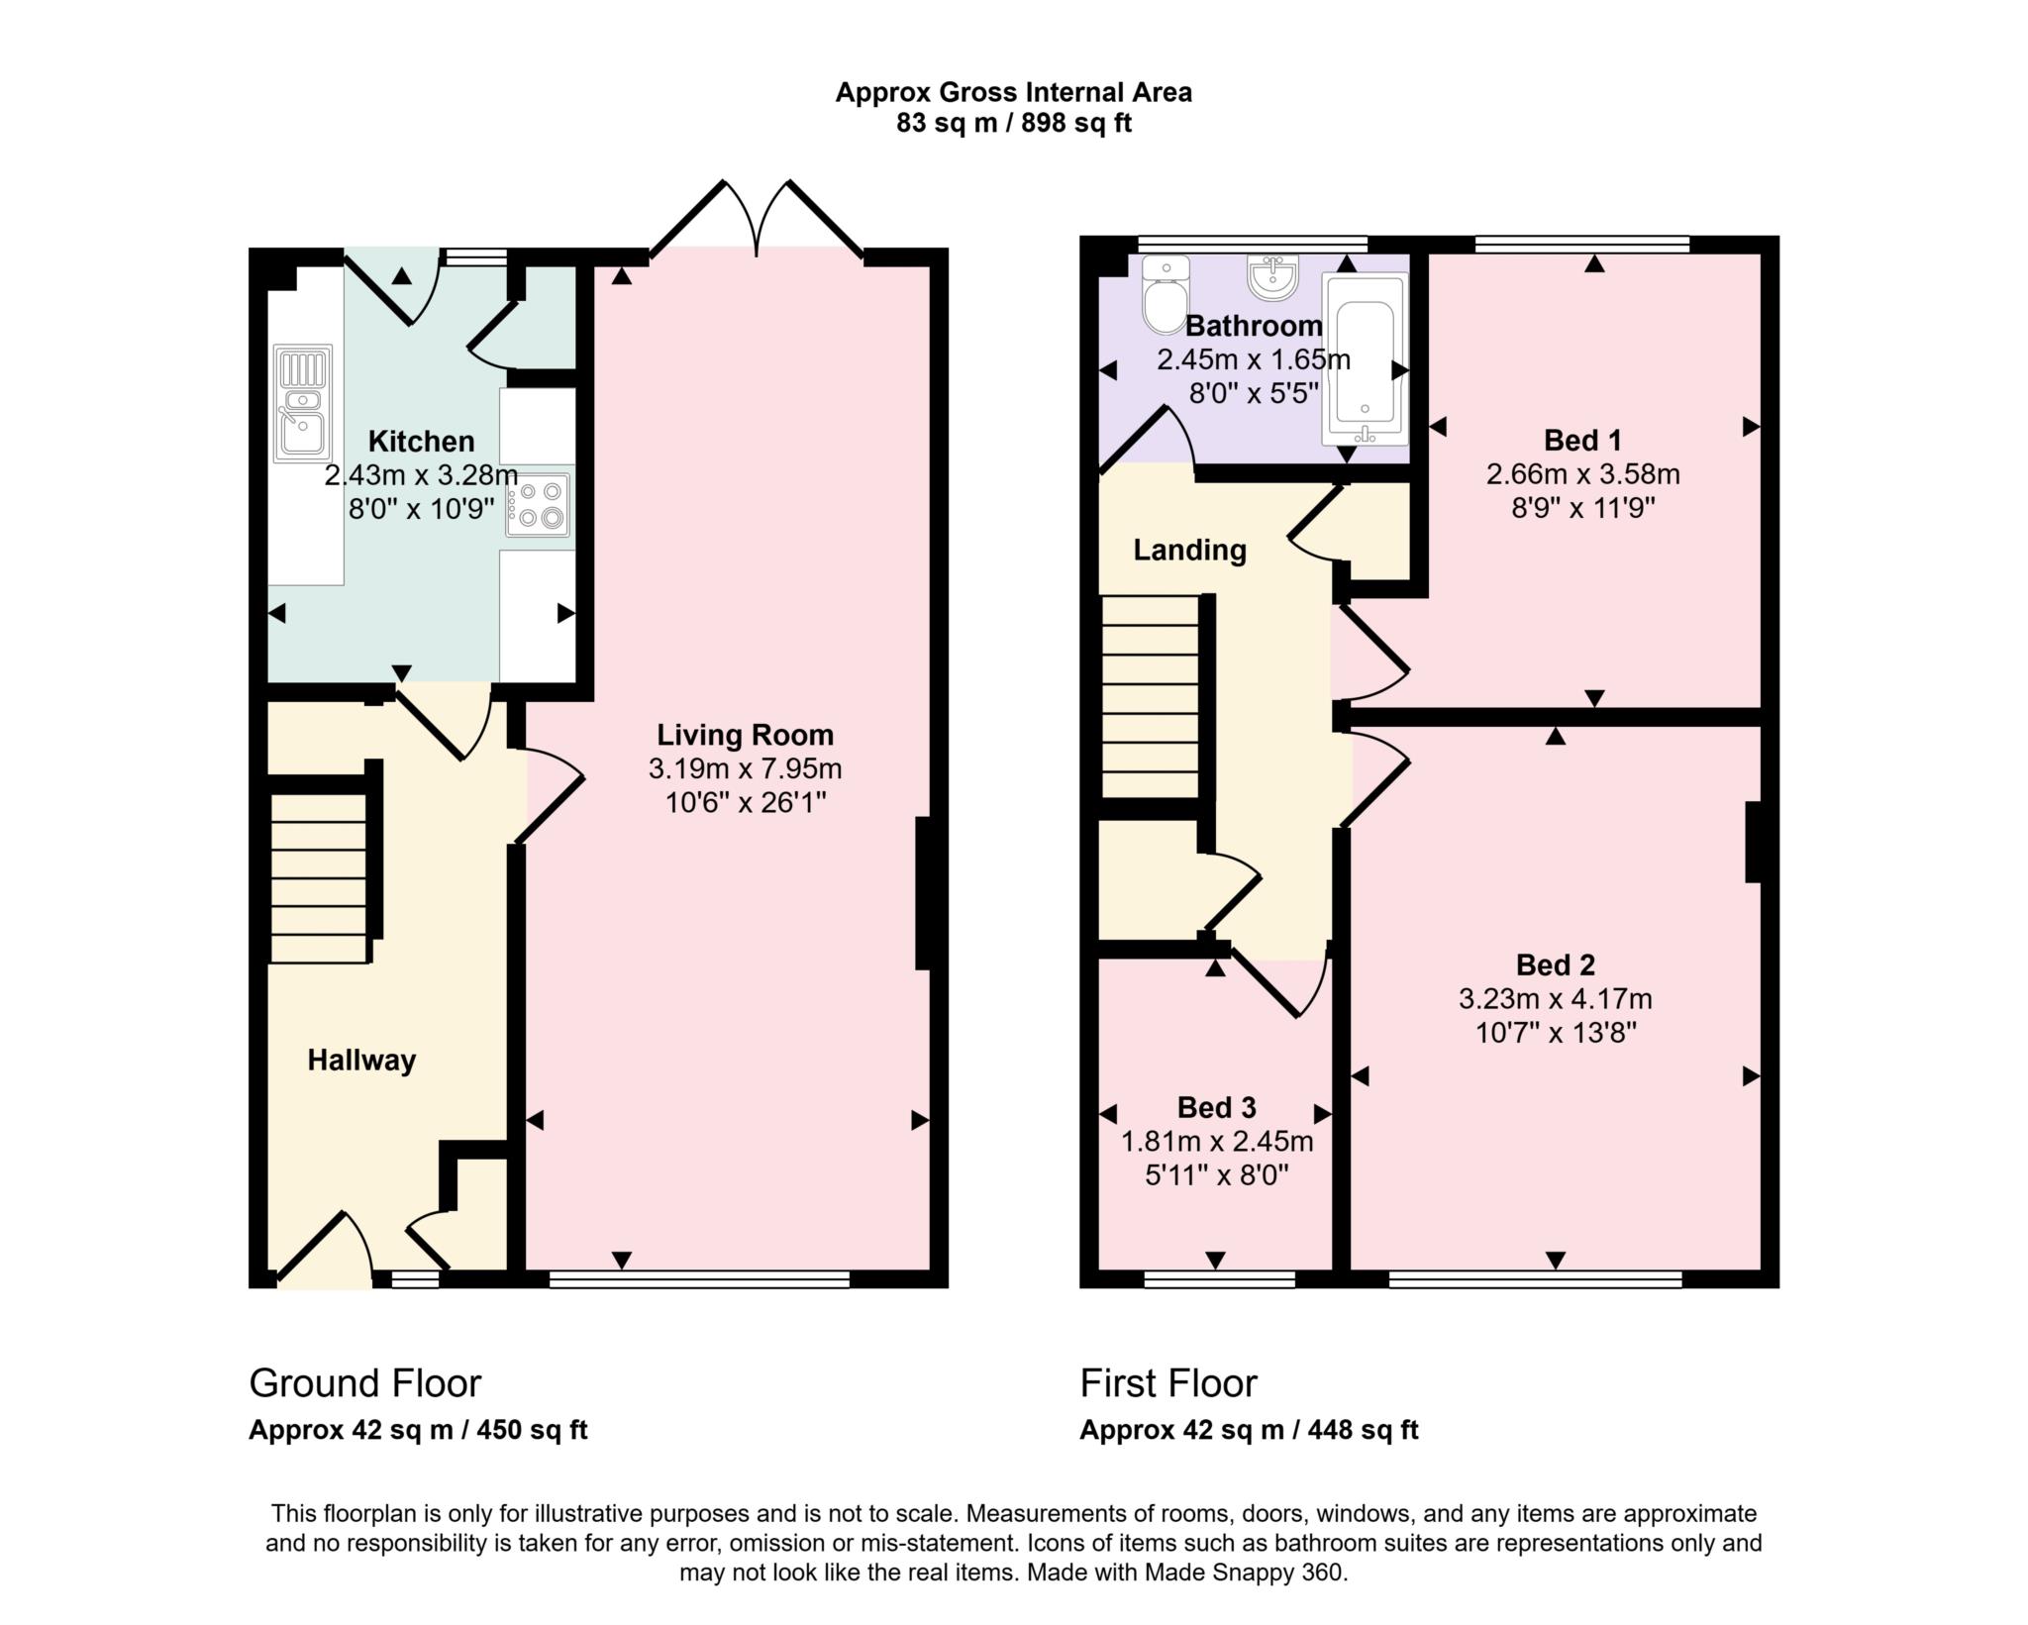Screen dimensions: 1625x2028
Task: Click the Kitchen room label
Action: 421,441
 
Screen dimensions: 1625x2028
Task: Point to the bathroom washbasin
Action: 1272,276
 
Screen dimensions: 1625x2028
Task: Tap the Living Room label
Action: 745,735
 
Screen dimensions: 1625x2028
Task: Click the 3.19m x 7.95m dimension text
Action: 745,768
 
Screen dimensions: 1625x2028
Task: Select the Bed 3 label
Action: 1216,1107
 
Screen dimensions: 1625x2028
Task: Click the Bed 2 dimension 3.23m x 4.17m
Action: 1555,999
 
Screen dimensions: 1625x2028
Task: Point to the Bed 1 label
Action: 1582,440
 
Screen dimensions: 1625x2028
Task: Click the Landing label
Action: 1189,550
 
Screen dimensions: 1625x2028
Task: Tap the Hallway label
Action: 361,1061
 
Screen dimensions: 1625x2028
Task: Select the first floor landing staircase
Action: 1151,697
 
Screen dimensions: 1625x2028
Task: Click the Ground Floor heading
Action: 364,1383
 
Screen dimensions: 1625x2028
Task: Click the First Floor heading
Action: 1167,1383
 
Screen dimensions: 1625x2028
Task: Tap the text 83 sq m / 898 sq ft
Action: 1013,124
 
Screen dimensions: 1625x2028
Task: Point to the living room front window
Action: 699,1280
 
